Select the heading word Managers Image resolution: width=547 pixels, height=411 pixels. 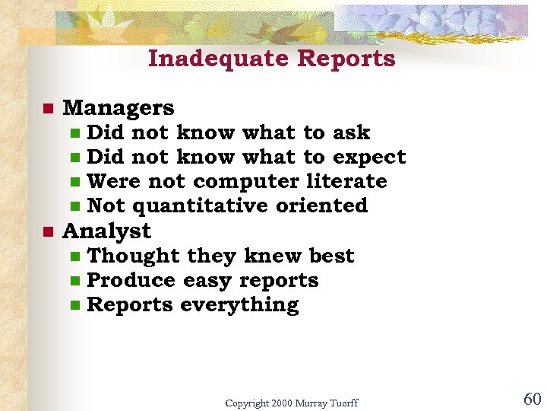tap(119, 109)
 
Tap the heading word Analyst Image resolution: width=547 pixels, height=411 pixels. tap(107, 231)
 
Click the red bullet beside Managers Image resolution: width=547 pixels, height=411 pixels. tap(47, 109)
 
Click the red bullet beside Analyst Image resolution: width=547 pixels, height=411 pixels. tap(47, 231)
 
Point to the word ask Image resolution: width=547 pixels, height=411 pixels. tap(351, 132)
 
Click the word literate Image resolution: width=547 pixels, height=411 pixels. tap(346, 181)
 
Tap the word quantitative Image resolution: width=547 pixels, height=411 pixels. tap(201, 206)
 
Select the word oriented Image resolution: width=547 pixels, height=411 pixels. tap(322, 205)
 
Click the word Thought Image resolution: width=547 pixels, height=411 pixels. tap(134, 256)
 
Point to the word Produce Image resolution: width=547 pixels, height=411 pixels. tap(132, 280)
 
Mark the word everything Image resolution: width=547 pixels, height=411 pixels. tap(239, 305)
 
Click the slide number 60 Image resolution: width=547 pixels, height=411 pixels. tap(531, 399)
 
